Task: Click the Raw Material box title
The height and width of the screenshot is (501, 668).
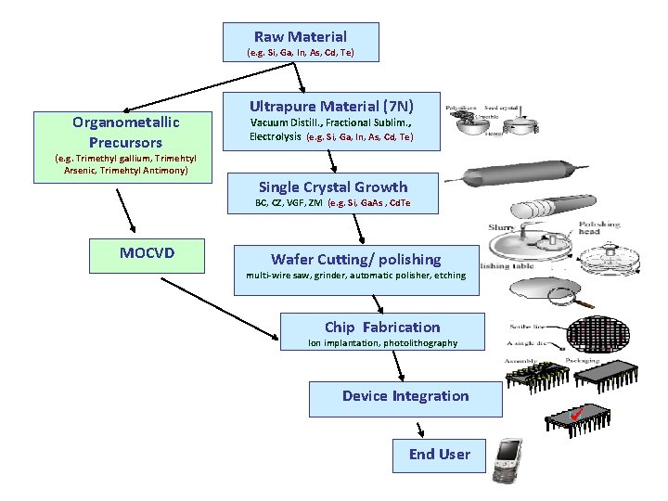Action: pos(301,37)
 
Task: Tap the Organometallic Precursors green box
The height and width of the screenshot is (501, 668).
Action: pos(125,132)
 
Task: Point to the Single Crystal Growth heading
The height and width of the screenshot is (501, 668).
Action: pos(332,186)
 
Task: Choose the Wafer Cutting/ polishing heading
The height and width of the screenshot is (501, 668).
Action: pos(355,259)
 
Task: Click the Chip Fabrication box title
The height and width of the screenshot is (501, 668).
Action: pos(382,327)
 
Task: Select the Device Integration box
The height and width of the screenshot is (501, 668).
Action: pos(405,396)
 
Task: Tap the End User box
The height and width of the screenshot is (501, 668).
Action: pos(439,454)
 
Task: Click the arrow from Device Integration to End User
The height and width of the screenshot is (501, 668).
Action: pos(420,429)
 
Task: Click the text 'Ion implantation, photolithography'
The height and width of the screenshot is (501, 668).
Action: pos(382,343)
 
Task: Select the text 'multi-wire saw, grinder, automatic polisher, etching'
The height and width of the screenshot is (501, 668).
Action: pos(355,276)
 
